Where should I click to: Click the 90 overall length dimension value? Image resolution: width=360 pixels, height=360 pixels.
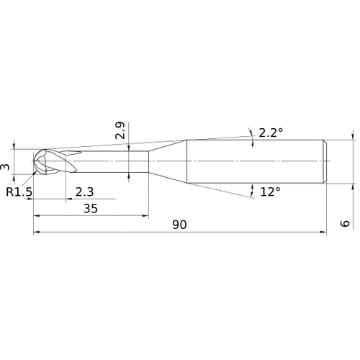click(x=179, y=225)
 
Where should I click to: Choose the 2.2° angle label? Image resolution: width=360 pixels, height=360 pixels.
click(x=270, y=132)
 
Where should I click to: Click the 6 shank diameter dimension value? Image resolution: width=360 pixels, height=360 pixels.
click(x=346, y=224)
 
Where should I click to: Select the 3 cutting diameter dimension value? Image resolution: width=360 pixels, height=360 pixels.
click(x=6, y=167)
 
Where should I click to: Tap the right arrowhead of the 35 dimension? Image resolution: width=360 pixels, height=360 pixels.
click(x=144, y=215)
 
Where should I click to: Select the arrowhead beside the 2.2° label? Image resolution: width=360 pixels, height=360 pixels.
click(x=253, y=141)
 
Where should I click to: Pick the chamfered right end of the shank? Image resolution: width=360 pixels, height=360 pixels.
click(x=326, y=159)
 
